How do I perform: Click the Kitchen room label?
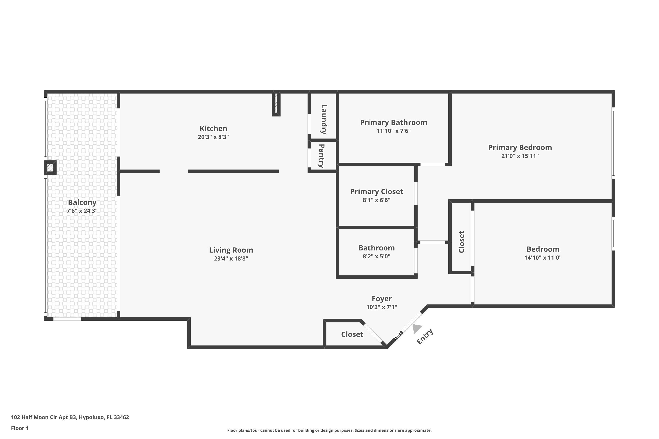coord(213,128)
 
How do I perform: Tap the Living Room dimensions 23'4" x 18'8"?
coord(231,258)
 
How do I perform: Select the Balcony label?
coord(82,202)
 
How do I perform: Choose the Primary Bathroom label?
coord(393,122)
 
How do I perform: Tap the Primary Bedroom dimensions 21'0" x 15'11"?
coord(520,156)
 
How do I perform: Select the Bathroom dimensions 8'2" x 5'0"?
coord(376,256)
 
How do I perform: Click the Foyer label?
coord(382,299)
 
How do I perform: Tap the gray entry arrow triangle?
coord(417,328)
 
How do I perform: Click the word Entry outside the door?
coord(425,336)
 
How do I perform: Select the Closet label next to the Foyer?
coord(352,334)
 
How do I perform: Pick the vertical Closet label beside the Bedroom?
coord(462,242)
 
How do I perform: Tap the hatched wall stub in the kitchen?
coord(276,104)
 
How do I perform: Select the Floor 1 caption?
coord(20,428)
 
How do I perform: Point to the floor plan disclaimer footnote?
coord(329,430)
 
